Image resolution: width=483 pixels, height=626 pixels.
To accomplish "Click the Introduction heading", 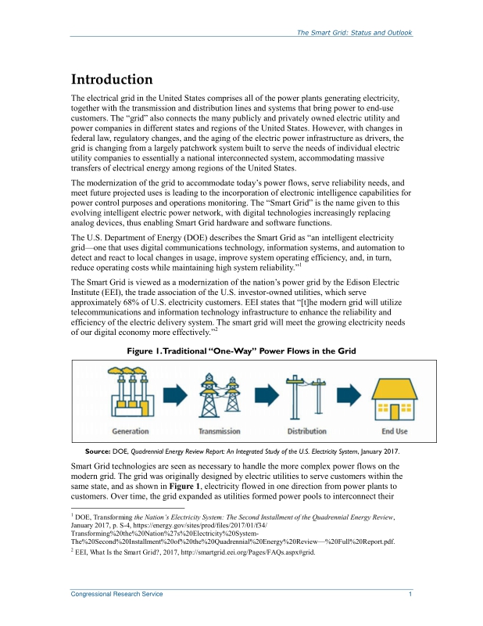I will [112, 80].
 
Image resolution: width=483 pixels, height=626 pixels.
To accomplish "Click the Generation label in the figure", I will [131, 431].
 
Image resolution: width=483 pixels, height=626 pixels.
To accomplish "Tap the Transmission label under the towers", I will [220, 431].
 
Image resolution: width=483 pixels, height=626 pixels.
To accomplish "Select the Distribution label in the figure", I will [307, 431].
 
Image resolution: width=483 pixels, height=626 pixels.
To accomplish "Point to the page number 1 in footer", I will [410, 595].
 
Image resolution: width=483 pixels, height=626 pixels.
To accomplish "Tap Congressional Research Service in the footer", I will [117, 595].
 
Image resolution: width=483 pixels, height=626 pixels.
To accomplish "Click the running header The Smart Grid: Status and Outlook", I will [354, 33].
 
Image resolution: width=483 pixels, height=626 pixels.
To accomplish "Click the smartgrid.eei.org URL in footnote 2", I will [250, 552].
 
